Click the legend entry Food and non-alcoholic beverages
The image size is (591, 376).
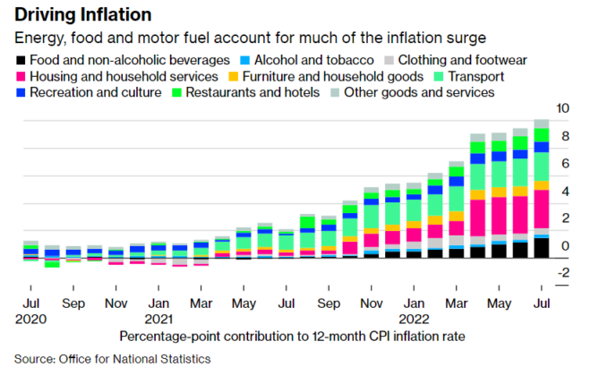coord(122,60)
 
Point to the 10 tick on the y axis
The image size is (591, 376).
coord(563,108)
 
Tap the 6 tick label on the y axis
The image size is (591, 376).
coord(563,164)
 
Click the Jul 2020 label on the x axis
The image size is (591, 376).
coord(30,309)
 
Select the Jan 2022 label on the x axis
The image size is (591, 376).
coord(415,309)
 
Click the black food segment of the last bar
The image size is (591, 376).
coord(541,247)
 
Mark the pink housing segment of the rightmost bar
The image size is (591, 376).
coord(541,210)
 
